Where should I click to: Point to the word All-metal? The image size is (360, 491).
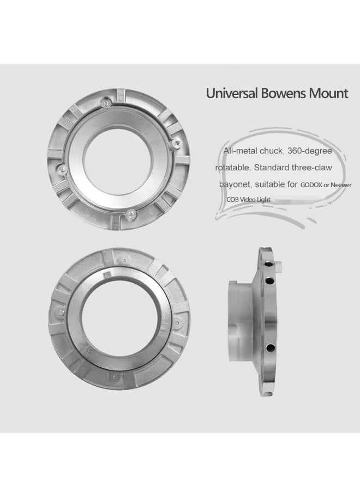(x=240, y=151)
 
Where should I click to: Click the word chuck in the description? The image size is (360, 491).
(x=271, y=151)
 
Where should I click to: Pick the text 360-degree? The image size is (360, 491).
(x=310, y=151)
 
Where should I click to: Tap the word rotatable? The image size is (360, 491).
(x=233, y=167)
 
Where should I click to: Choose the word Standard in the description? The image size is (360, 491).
(x=272, y=167)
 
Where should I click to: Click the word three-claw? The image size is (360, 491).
(x=312, y=167)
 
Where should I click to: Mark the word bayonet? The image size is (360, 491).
(x=236, y=184)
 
